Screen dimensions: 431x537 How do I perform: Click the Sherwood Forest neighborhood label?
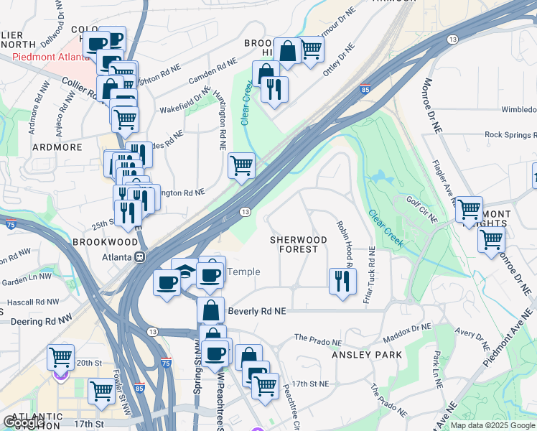[x=293, y=244]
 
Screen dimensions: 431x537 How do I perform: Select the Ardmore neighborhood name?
[x=57, y=147]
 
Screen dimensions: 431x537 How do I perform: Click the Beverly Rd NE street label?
[x=256, y=312]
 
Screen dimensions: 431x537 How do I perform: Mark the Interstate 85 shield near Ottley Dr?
[x=365, y=91]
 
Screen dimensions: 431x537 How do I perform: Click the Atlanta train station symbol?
[x=141, y=256]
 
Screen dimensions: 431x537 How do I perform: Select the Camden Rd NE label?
[x=212, y=73]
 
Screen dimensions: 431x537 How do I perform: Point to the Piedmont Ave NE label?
[x=510, y=338]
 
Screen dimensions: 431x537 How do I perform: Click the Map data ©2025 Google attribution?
[x=492, y=425]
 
